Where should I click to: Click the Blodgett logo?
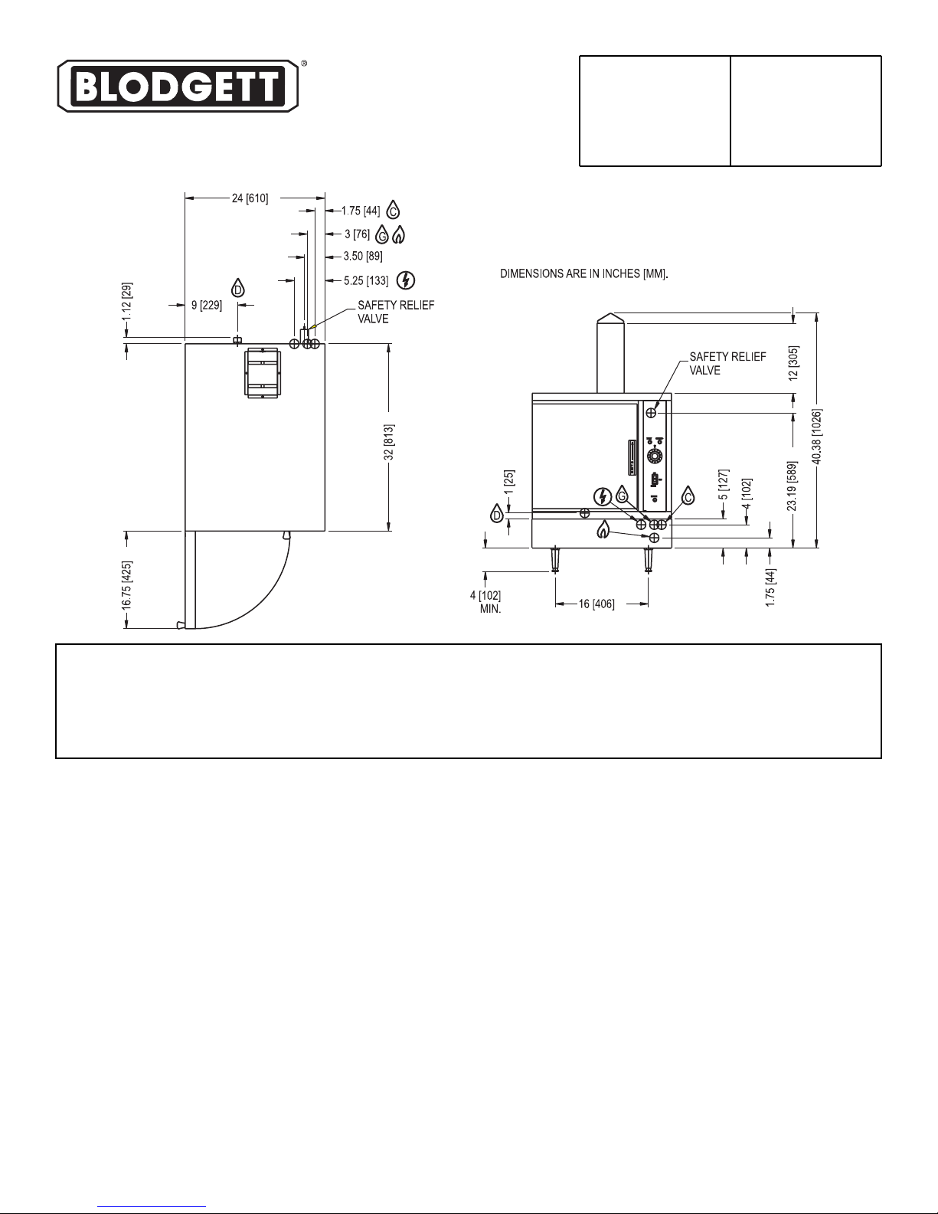tap(178, 86)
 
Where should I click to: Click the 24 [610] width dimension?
tap(250, 198)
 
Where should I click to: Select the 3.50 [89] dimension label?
tap(363, 257)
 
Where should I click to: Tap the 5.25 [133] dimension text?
tap(366, 280)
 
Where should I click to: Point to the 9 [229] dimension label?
tap(207, 305)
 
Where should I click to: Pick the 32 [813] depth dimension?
tap(389, 442)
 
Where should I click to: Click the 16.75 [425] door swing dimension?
tap(127, 585)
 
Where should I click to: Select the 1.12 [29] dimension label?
tap(127, 300)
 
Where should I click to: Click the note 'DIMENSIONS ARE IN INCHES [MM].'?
tap(584, 273)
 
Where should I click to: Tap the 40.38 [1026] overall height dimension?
tap(817, 437)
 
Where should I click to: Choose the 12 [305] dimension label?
tap(793, 363)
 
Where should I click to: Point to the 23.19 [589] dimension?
tap(793, 486)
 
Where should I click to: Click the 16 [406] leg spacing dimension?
tap(596, 604)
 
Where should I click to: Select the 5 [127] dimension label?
tap(724, 485)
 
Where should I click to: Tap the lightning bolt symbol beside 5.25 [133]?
tap(406, 280)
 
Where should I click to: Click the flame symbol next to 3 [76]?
tap(398, 234)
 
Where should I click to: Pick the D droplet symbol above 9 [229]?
tap(238, 288)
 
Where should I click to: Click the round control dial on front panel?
tap(655, 456)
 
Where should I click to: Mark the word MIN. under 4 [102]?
tap(490, 609)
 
